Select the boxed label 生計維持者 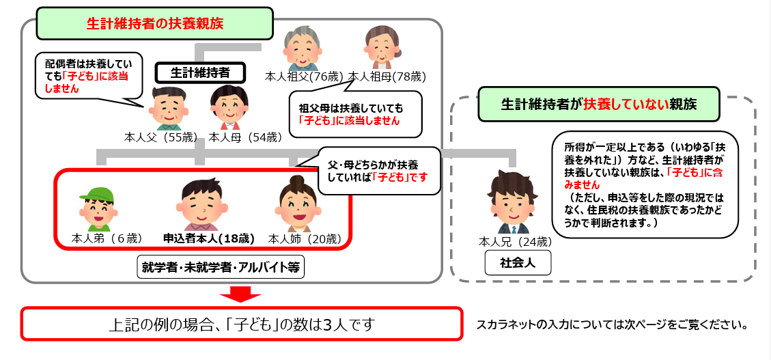(199, 72)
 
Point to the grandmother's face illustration (380, 47)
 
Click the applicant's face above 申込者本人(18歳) (202, 202)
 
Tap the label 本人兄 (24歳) (516, 241)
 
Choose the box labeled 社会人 (517, 262)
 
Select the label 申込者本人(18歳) (209, 239)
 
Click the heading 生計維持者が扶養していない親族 (600, 104)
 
